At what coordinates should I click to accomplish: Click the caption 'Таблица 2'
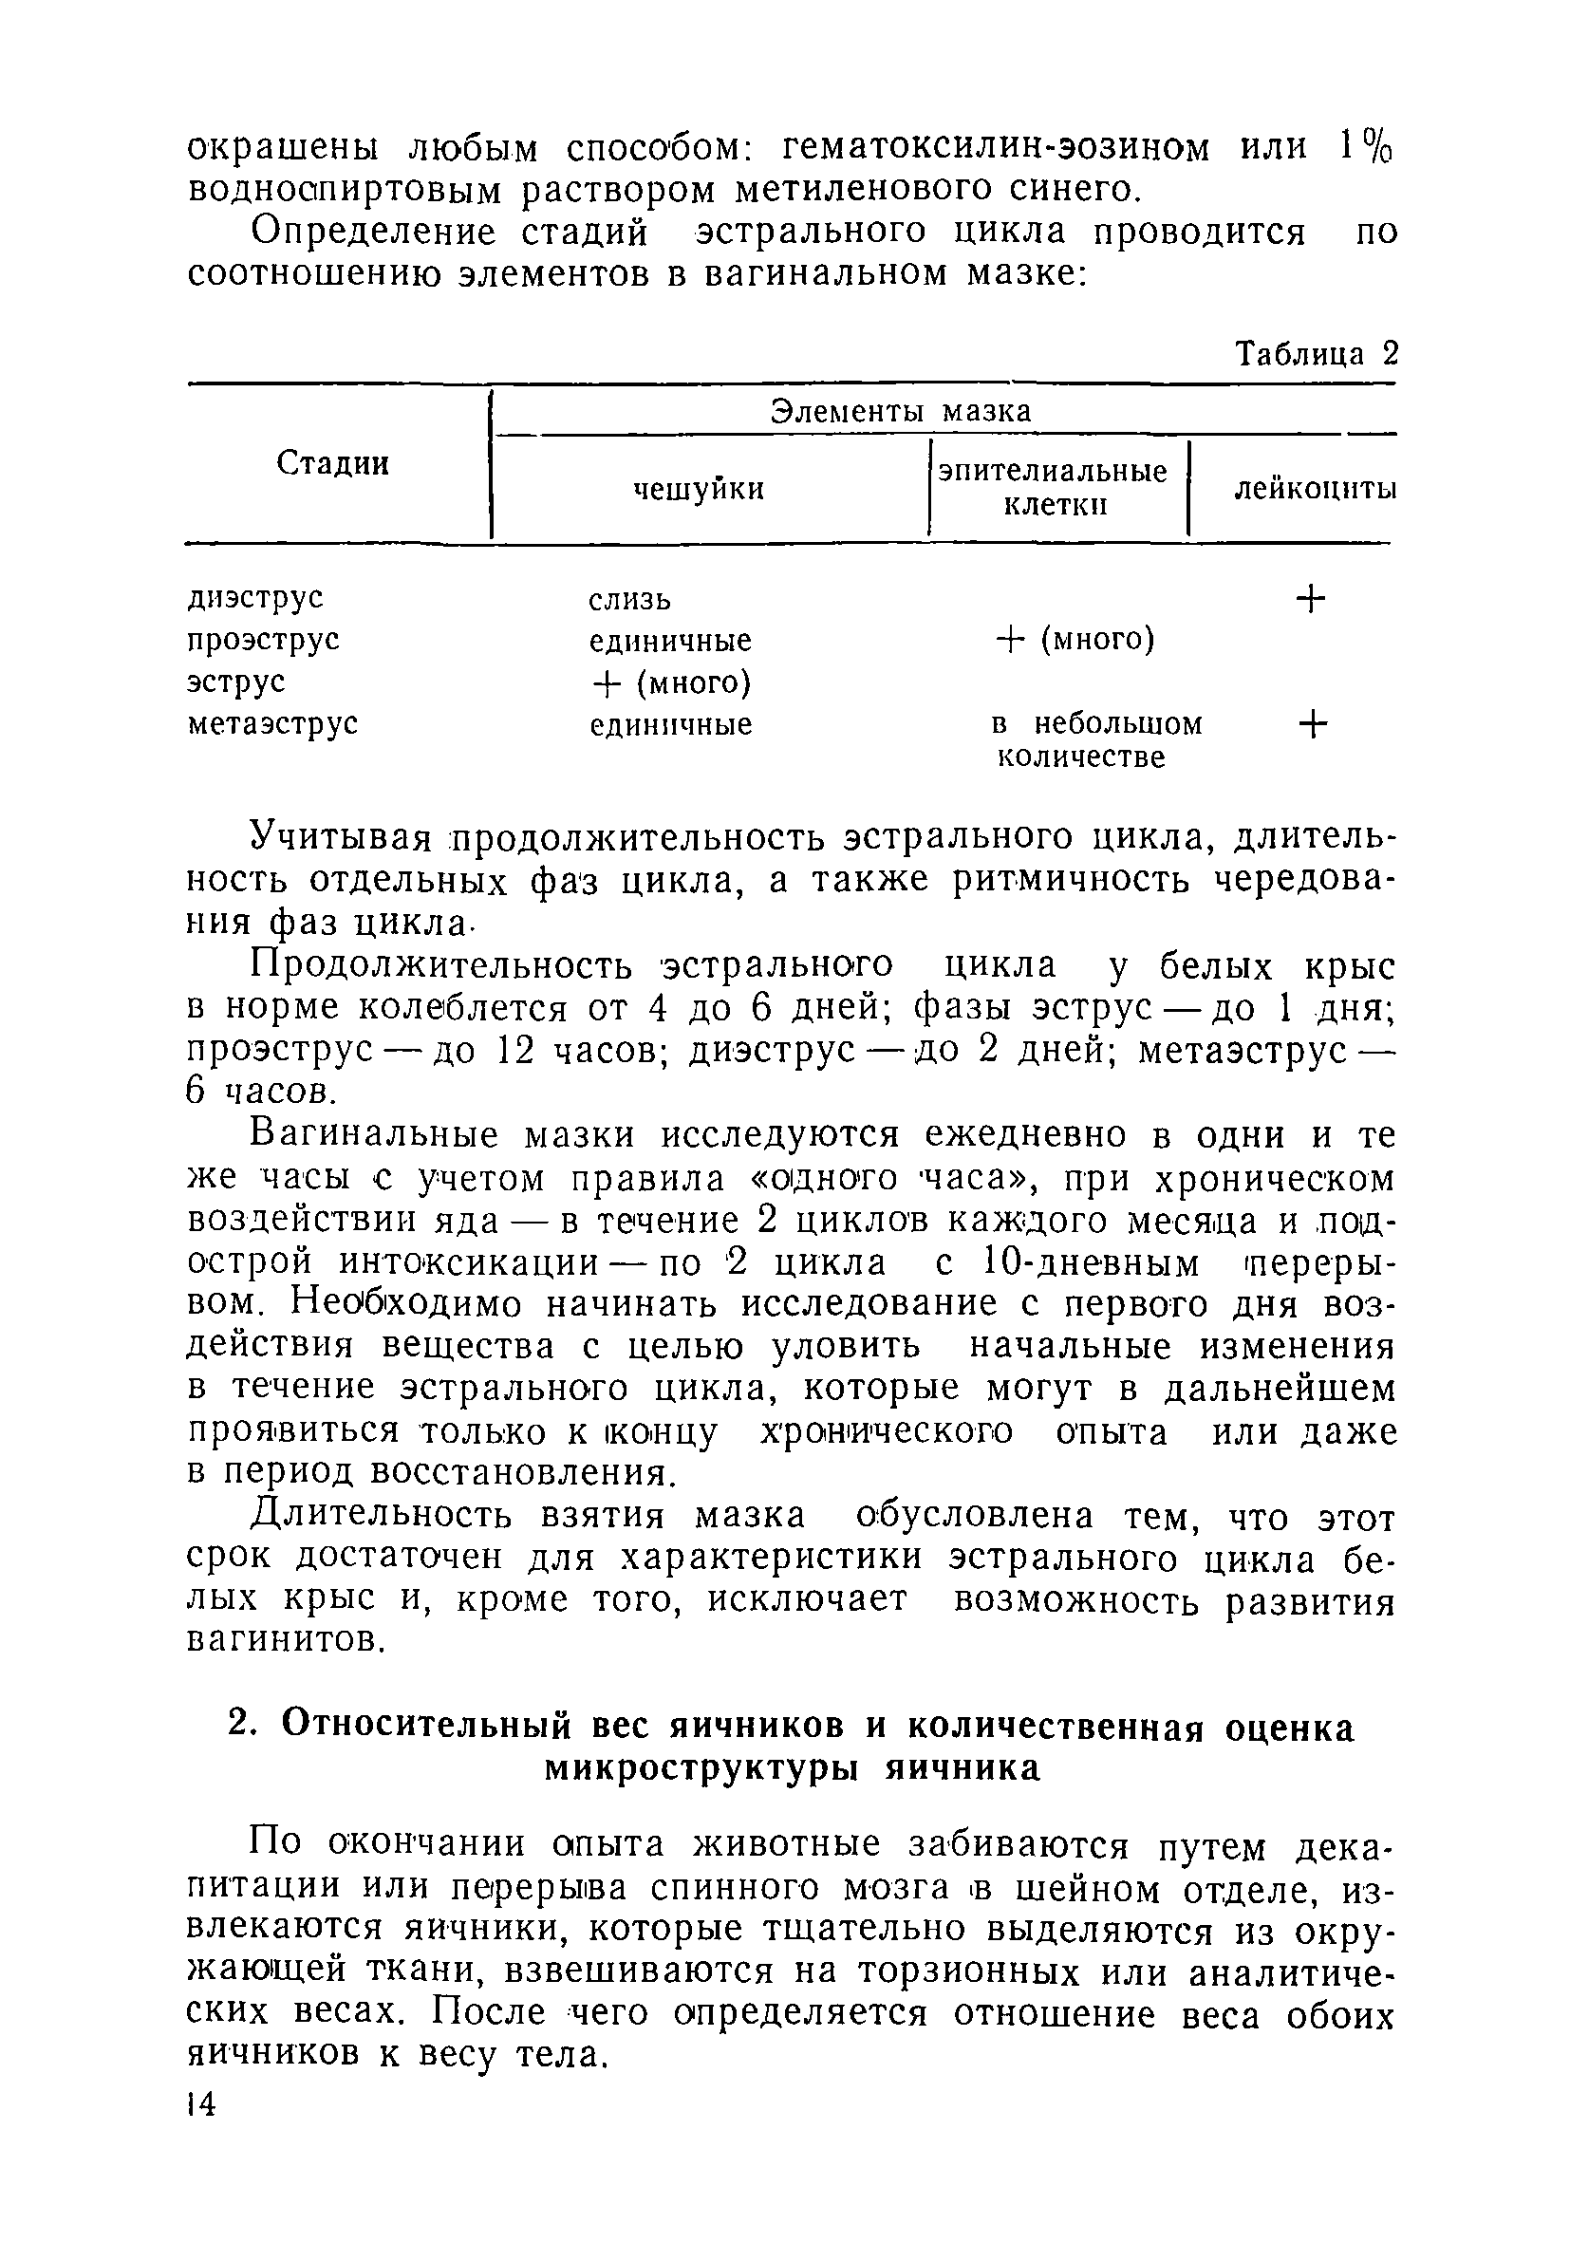[1317, 353]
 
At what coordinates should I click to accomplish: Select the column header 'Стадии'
[333, 463]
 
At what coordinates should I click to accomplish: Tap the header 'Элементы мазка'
[900, 411]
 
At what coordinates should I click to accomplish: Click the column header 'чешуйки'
[699, 488]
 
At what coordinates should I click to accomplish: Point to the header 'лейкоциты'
[1315, 488]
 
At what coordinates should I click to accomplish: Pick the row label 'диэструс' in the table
[254, 597]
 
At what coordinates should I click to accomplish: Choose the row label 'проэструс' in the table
[264, 639]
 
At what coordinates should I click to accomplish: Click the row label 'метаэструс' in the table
[272, 723]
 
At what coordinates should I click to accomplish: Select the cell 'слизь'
[629, 599]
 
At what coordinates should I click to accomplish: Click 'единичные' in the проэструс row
[671, 641]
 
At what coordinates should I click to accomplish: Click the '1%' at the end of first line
[1366, 146]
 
